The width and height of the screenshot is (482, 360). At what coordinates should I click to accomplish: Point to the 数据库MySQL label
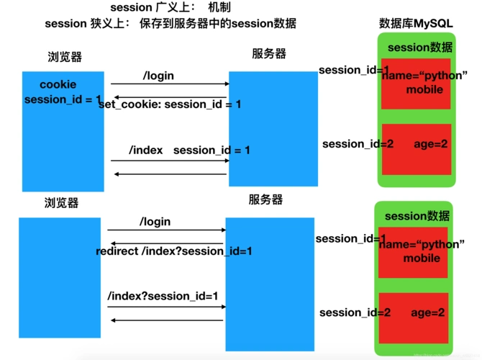(416, 24)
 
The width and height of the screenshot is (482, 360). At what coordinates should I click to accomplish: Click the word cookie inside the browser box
(58, 85)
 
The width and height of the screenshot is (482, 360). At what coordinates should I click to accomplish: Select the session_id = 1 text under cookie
(63, 99)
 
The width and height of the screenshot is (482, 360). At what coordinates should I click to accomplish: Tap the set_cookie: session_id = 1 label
(170, 104)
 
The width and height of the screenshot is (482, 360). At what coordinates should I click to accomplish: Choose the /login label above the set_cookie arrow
(158, 76)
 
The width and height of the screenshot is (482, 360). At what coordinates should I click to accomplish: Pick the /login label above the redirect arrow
(155, 222)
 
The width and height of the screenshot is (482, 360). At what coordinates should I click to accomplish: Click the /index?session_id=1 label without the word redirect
(163, 296)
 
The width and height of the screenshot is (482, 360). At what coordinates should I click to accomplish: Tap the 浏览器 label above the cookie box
(65, 57)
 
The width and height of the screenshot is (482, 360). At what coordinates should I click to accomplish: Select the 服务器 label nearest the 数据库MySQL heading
(269, 54)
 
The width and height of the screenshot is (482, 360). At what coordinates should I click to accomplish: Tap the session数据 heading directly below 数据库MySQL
(420, 48)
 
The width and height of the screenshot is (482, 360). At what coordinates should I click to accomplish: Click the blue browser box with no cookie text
(60, 277)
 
